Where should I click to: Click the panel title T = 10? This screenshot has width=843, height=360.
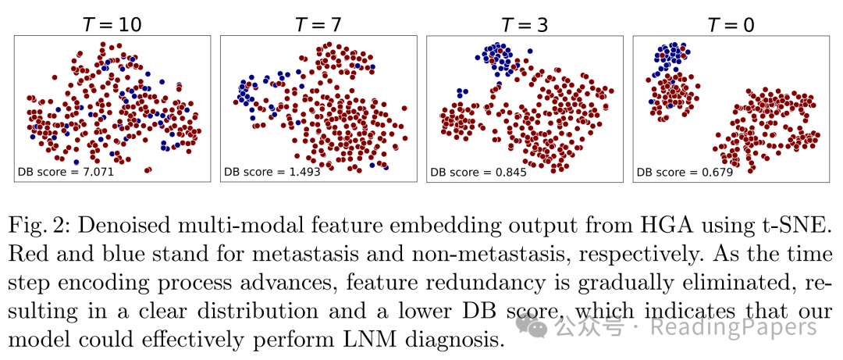[112, 25]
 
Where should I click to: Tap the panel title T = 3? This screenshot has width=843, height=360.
[524, 25]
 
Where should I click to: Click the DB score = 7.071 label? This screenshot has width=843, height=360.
[66, 172]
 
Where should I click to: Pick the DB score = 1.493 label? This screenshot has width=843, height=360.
[272, 172]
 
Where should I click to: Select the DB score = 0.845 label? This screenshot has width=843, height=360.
[478, 172]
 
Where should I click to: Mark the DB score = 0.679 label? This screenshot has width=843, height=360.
[685, 172]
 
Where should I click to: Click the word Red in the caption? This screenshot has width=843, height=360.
[28, 255]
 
